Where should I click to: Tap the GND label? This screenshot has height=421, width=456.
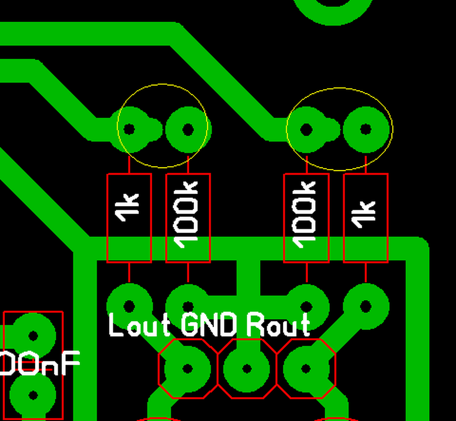tap(209, 326)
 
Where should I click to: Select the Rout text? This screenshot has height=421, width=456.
tap(278, 326)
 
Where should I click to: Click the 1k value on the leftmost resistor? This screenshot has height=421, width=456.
tap(128, 208)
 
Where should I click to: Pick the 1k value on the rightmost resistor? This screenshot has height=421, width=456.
tap(365, 214)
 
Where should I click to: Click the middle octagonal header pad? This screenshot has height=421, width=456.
tap(247, 368)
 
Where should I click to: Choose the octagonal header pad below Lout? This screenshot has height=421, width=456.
tap(187, 368)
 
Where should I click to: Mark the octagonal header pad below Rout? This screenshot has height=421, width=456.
tap(306, 368)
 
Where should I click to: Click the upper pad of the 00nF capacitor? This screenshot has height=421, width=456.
tap(33, 336)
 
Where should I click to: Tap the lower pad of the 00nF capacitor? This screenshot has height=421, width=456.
tap(33, 395)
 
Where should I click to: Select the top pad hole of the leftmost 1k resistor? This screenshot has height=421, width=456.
tap(129, 129)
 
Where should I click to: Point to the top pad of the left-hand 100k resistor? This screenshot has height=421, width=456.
tap(188, 129)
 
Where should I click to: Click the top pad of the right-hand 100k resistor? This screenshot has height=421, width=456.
tap(306, 130)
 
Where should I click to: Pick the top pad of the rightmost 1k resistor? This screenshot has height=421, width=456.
tap(366, 130)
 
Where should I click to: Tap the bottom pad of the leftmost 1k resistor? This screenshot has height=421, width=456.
tap(129, 306)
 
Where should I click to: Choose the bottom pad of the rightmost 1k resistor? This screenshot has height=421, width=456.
tap(366, 306)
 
